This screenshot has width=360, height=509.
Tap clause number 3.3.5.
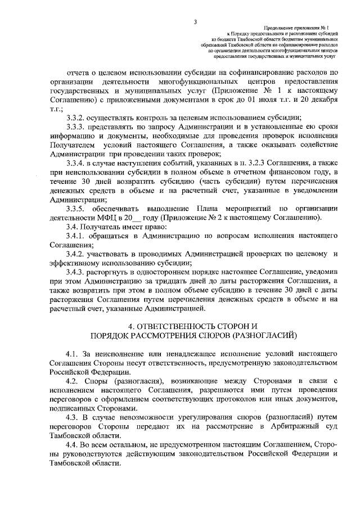point(77,209)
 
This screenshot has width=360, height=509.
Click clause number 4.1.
point(73,354)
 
